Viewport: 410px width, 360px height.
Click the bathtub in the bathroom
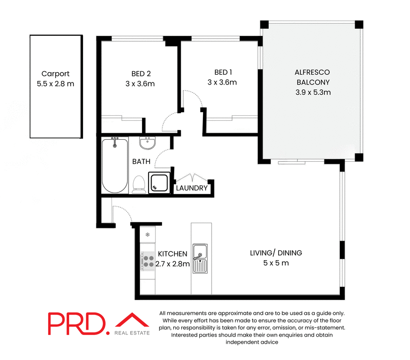pyautogui.click(x=114, y=164)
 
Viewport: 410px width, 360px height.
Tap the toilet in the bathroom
pyautogui.click(x=138, y=184)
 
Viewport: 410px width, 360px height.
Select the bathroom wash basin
pyautogui.click(x=147, y=144)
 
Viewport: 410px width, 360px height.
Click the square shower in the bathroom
pyautogui.click(x=158, y=182)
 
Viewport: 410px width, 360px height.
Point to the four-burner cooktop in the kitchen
pyautogui.click(x=148, y=261)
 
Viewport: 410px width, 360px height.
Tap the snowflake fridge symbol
pyautogui.click(x=148, y=235)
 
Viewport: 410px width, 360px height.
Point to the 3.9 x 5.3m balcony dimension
pyautogui.click(x=313, y=93)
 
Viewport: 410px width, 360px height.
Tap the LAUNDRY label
pyautogui.click(x=192, y=188)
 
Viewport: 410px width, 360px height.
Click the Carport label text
pyautogui.click(x=55, y=73)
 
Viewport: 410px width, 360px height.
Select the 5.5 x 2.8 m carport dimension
pyautogui.click(x=55, y=83)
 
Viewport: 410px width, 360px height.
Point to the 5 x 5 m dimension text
pyautogui.click(x=276, y=263)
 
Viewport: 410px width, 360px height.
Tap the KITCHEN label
pyautogui.click(x=172, y=254)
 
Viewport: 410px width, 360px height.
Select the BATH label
pyautogui.click(x=141, y=161)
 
